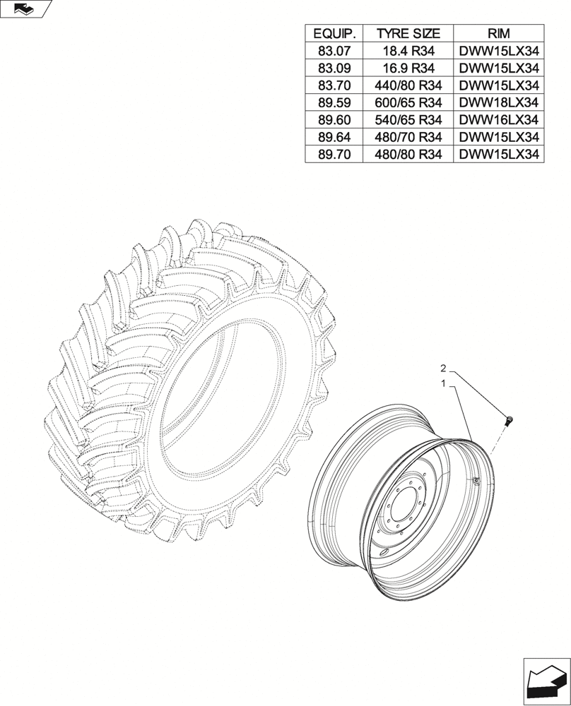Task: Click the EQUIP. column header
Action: [x=334, y=33]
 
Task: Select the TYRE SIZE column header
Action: [x=408, y=33]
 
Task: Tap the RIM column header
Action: [x=498, y=33]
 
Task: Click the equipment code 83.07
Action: [x=334, y=51]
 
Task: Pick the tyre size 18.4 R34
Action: [x=408, y=51]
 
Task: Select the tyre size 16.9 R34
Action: [x=408, y=68]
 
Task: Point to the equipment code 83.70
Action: [x=334, y=85]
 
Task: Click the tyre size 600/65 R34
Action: [x=408, y=102]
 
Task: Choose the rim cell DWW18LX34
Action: [x=498, y=102]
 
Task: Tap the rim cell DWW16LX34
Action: [x=498, y=120]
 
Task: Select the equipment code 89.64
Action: [x=334, y=137]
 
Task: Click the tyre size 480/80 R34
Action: [x=408, y=155]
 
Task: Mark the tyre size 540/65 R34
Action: [x=408, y=120]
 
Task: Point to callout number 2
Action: [x=443, y=369]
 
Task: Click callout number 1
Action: [x=443, y=384]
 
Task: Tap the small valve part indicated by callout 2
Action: [x=509, y=421]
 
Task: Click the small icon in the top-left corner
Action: [x=23, y=8]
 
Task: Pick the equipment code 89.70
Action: [x=334, y=155]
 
